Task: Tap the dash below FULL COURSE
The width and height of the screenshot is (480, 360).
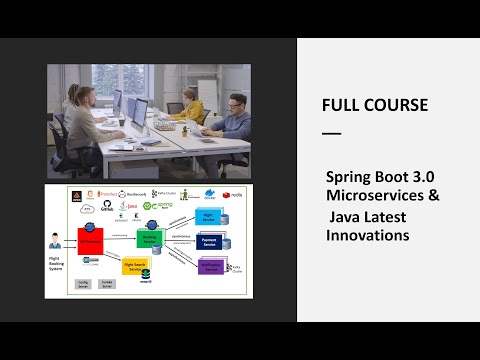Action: tap(331, 133)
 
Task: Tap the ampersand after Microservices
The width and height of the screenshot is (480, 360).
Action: tap(433, 194)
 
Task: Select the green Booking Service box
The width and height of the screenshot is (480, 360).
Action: tap(149, 240)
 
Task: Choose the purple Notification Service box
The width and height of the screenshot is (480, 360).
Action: tap(210, 266)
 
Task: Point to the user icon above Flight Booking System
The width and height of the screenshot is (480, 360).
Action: tap(55, 241)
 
